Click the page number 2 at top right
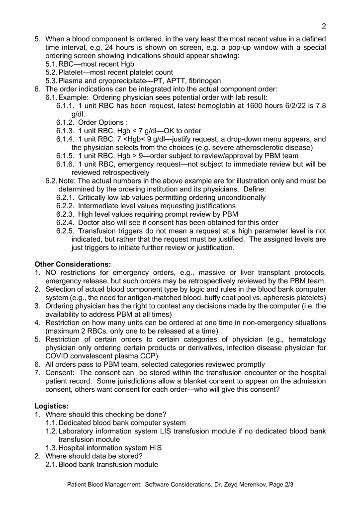pyautogui.click(x=323, y=26)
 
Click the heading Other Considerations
pyautogui.click(x=73, y=263)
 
